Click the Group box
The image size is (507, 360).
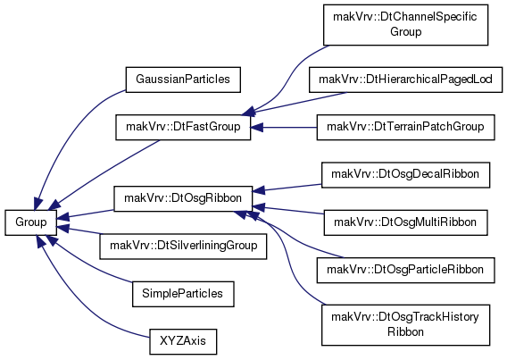[30, 222]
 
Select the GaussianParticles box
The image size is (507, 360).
[183, 80]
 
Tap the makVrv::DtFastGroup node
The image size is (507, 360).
[183, 127]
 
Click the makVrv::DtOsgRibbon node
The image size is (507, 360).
[183, 198]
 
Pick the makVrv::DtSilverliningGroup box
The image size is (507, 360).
[183, 247]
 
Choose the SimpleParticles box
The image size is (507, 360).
[183, 294]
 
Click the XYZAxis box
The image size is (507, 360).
[183, 341]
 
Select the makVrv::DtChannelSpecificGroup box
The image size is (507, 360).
[405, 25]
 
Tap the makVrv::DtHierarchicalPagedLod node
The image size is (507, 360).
[405, 80]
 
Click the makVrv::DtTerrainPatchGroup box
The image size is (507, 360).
[405, 127]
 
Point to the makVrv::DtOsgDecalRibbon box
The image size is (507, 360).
[405, 175]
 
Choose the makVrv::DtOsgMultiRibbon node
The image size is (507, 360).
[405, 222]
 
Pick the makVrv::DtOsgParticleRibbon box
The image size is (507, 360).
[405, 270]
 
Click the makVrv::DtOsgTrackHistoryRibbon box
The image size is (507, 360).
[405, 325]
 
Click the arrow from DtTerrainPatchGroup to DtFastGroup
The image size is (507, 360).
[284, 128]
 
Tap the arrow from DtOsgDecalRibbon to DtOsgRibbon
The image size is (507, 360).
[287, 188]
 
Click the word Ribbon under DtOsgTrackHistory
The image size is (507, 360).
[405, 332]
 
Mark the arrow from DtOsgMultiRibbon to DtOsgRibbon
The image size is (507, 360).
[288, 210]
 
